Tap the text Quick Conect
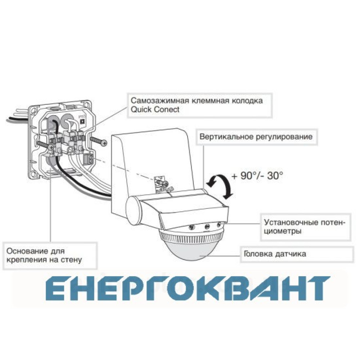[x=155, y=109]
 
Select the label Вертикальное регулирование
[x=256, y=137]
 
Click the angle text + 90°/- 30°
[x=257, y=176]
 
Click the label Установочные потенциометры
[x=305, y=226]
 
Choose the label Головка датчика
[x=275, y=254]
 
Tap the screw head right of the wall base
[x=104, y=143]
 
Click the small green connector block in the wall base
[x=89, y=159]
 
